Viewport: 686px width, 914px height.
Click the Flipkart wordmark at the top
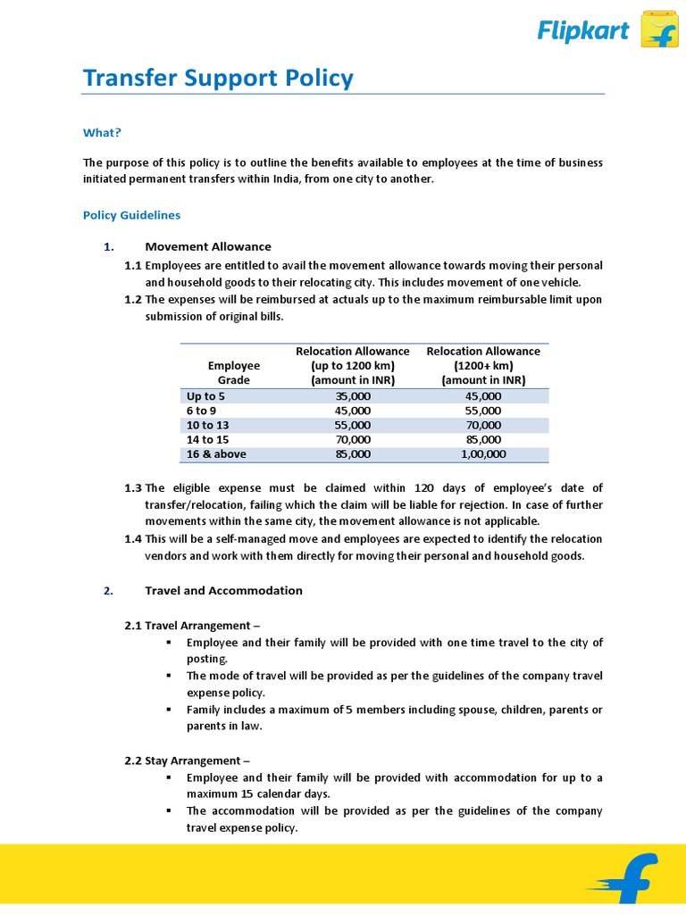(x=582, y=32)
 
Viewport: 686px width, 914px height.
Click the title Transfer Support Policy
(x=218, y=79)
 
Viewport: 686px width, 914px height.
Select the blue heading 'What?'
(x=102, y=133)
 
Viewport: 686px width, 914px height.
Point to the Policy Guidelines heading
(x=131, y=215)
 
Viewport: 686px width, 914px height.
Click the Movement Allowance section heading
(x=208, y=246)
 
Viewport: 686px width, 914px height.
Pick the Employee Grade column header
(x=234, y=372)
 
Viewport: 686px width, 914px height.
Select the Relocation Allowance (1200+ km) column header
(x=483, y=365)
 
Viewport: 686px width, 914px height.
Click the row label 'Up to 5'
(x=205, y=395)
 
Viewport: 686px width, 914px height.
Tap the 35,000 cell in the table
(x=353, y=395)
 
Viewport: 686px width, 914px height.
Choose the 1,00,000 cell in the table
(x=483, y=454)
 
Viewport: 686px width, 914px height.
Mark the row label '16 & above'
(x=216, y=454)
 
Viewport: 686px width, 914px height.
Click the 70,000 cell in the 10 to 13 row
(x=483, y=425)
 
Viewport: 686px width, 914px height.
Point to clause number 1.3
(x=133, y=487)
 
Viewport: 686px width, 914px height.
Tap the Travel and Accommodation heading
(x=223, y=590)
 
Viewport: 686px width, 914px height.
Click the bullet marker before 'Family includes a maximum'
(x=169, y=710)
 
